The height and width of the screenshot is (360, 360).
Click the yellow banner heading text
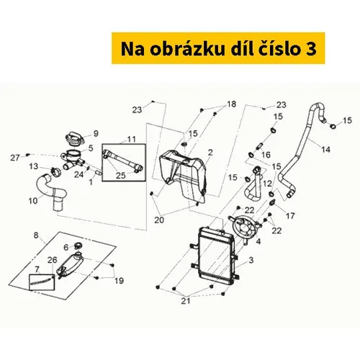click(x=218, y=49)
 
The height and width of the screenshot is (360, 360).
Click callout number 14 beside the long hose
click(x=325, y=150)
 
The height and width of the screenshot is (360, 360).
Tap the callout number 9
click(x=96, y=133)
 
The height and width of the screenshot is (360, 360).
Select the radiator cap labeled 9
click(x=74, y=138)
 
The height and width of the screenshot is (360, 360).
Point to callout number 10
click(x=33, y=201)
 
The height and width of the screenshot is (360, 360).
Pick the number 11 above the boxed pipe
click(x=132, y=139)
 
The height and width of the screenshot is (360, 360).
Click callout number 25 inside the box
click(x=121, y=176)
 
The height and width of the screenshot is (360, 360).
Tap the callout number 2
click(x=210, y=152)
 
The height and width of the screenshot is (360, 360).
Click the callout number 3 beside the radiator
click(x=251, y=260)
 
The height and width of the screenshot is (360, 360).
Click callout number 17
click(x=290, y=216)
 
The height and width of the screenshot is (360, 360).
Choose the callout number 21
click(x=186, y=300)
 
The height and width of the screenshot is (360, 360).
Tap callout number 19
click(x=119, y=280)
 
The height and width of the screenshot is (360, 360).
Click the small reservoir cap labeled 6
click(x=78, y=246)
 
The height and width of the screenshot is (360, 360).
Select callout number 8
click(x=36, y=235)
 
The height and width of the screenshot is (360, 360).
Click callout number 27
click(x=15, y=158)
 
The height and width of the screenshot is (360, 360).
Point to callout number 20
click(x=159, y=220)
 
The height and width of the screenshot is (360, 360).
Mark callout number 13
click(x=34, y=166)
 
